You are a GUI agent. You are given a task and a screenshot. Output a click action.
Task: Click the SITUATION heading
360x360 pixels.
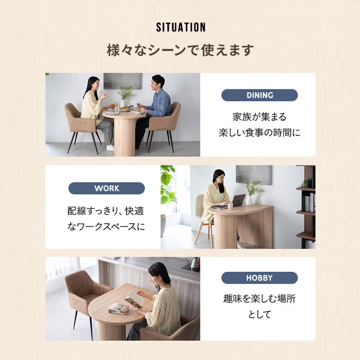(x=181, y=27)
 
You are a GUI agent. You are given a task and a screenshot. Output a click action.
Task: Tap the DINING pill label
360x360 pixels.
(x=260, y=95)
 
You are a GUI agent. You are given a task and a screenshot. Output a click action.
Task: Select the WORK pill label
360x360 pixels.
(x=107, y=188)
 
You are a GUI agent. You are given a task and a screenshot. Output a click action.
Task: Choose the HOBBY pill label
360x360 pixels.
(x=260, y=278)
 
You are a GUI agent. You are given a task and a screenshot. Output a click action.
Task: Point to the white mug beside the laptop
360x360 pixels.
(x=229, y=206)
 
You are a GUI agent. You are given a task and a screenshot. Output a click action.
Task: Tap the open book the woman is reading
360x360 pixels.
(x=134, y=298)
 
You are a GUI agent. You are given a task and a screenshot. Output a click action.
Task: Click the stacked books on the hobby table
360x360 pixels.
(x=118, y=309)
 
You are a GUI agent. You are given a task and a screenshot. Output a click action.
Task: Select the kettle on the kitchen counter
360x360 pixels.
(x=194, y=263)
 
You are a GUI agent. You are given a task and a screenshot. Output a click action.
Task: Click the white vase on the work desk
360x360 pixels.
(x=249, y=200)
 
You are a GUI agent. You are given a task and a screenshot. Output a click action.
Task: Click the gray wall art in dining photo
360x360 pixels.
(x=123, y=81)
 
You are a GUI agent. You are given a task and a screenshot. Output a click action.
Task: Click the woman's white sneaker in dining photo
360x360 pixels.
(x=110, y=148)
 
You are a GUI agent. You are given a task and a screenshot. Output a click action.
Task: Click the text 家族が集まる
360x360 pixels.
(x=260, y=117)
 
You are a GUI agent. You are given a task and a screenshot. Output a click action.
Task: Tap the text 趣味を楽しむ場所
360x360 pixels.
(x=260, y=299)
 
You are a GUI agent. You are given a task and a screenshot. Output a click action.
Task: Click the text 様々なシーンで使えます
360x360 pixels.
(x=180, y=50)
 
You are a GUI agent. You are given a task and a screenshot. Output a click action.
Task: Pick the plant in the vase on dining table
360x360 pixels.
(x=126, y=93)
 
